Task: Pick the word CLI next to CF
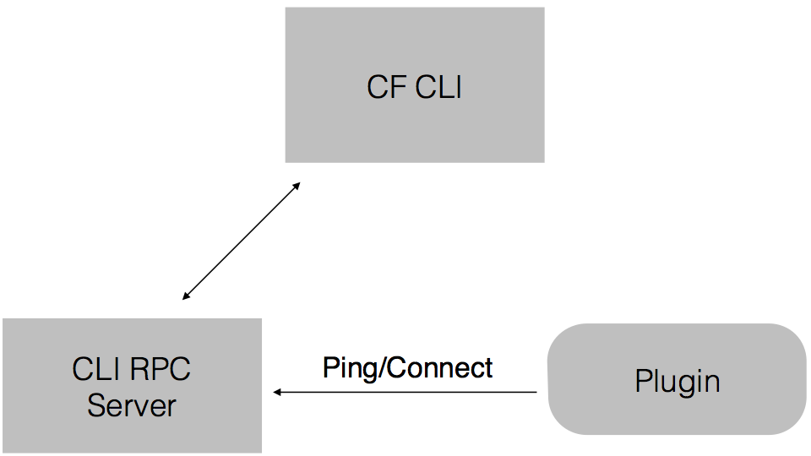point(438,87)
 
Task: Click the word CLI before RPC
point(97,369)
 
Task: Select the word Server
point(132,405)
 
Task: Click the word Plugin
point(678,382)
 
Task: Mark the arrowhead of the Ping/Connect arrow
point(275,392)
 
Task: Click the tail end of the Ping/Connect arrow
point(536,392)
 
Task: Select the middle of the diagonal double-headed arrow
point(241,241)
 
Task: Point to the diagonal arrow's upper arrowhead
point(297,184)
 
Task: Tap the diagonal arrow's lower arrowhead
point(185,297)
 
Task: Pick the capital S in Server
point(95,405)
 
